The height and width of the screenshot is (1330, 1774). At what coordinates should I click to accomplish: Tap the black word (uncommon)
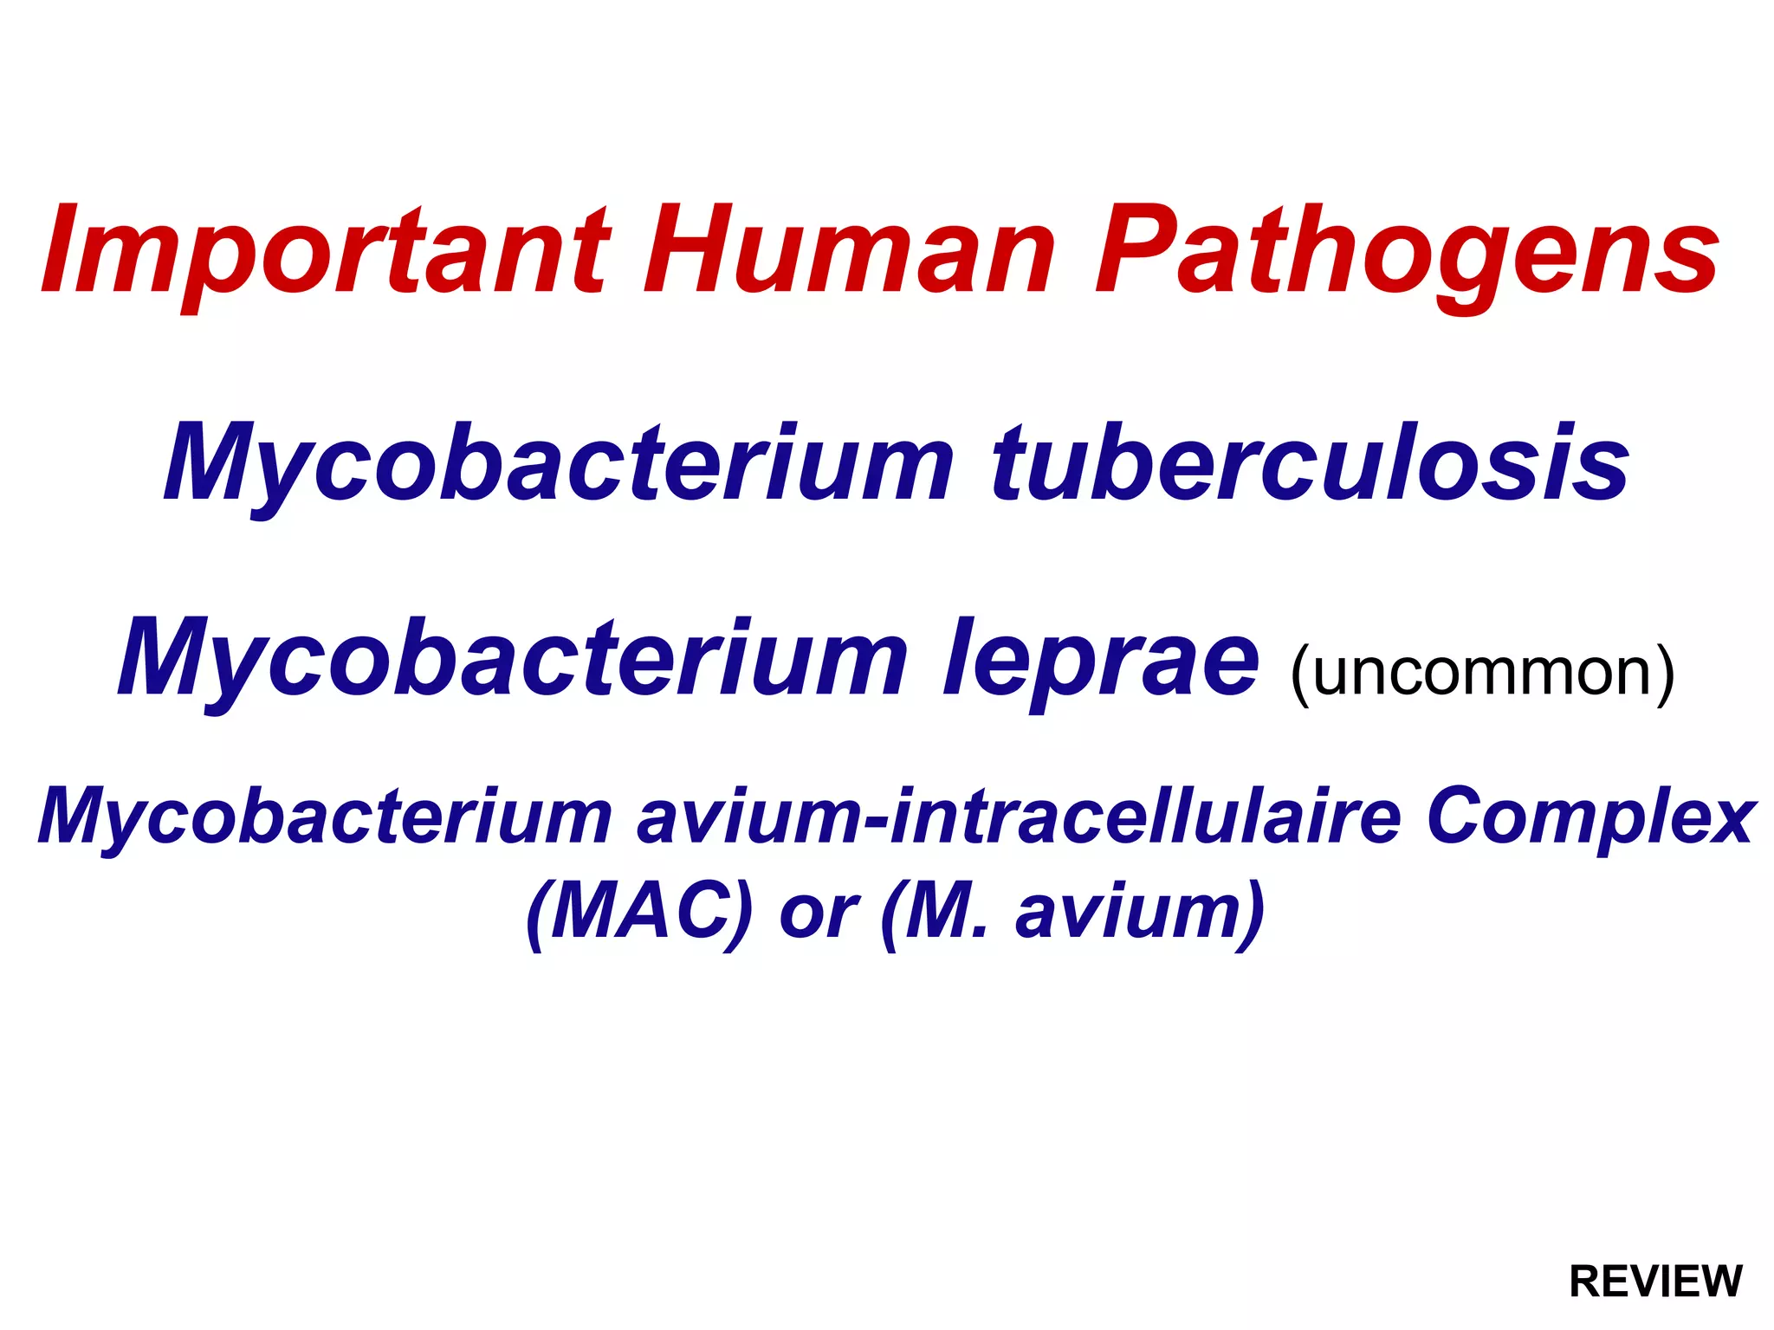[1482, 672]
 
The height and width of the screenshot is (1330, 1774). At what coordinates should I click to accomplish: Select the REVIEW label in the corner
[1655, 1282]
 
